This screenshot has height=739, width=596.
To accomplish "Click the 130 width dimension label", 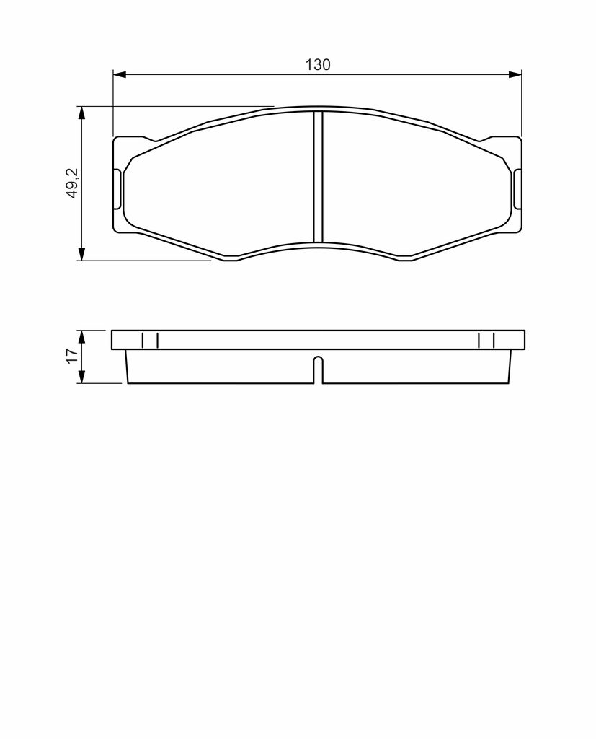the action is coord(318,64).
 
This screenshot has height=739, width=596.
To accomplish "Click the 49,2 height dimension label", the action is coord(74,183).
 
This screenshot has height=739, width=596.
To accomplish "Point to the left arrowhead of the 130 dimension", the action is coord(120,74).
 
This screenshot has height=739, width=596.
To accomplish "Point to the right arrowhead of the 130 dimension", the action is coord(515,74).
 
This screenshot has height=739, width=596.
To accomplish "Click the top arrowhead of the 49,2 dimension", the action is coord(82,113).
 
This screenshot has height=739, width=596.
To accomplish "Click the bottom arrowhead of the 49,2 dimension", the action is coord(82,253).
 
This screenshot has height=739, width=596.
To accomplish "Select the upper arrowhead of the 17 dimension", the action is coord(82,337).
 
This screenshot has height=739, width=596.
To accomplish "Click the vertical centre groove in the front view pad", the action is coord(319,177).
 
